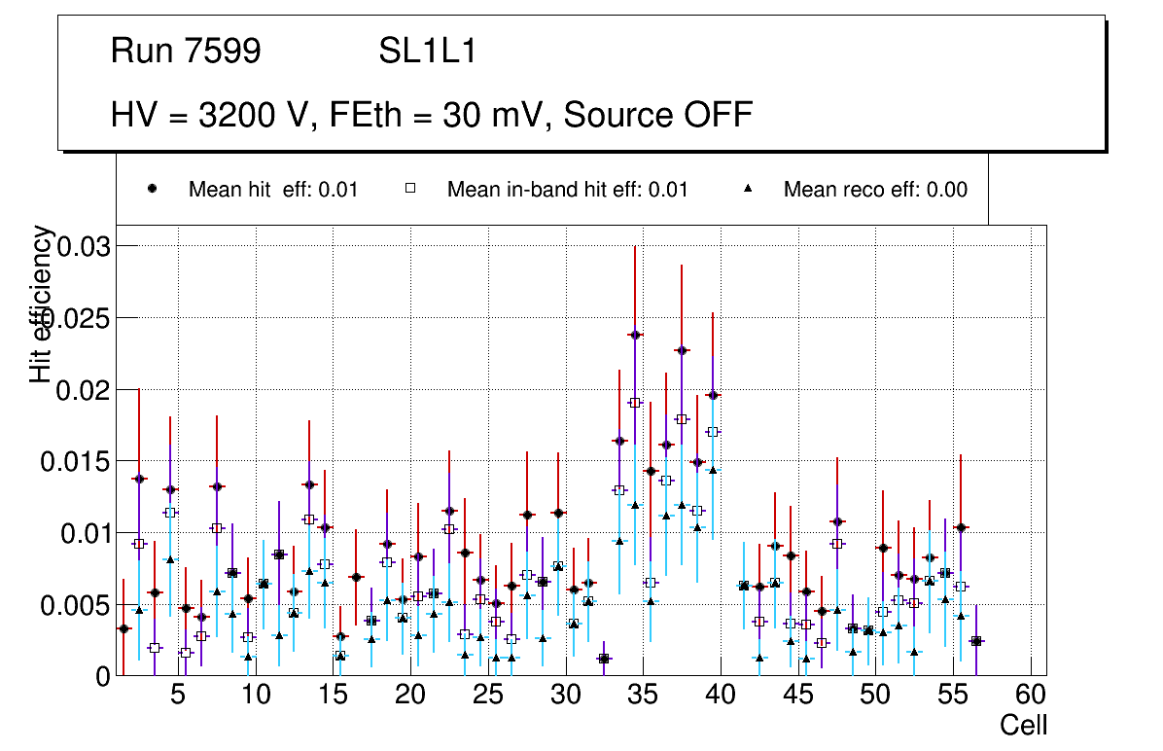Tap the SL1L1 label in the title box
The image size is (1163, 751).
[x=428, y=51]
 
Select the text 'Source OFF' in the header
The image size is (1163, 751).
[x=658, y=115]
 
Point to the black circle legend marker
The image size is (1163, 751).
[x=153, y=189]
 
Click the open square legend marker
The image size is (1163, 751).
[x=410, y=189]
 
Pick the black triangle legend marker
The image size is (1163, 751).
[x=749, y=189]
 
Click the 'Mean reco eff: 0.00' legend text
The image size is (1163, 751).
[x=875, y=190]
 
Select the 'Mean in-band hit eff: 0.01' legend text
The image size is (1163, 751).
[x=567, y=190]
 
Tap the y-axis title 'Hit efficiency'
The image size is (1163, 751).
[x=42, y=304]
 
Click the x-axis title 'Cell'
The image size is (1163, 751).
[x=1024, y=725]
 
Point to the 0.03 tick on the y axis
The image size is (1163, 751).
[x=85, y=246]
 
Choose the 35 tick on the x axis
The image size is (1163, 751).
[x=643, y=697]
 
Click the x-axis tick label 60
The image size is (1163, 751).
[x=1031, y=697]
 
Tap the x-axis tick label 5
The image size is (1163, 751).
[x=177, y=697]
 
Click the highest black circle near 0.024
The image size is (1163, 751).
[x=635, y=335]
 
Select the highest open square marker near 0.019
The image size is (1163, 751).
[x=635, y=403]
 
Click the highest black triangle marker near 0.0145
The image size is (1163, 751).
[x=713, y=470]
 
